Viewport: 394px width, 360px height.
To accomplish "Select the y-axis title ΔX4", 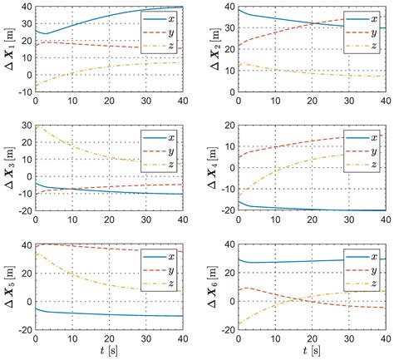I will click(x=208, y=169).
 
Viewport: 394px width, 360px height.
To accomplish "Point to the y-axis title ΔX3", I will click(x=7, y=169).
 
